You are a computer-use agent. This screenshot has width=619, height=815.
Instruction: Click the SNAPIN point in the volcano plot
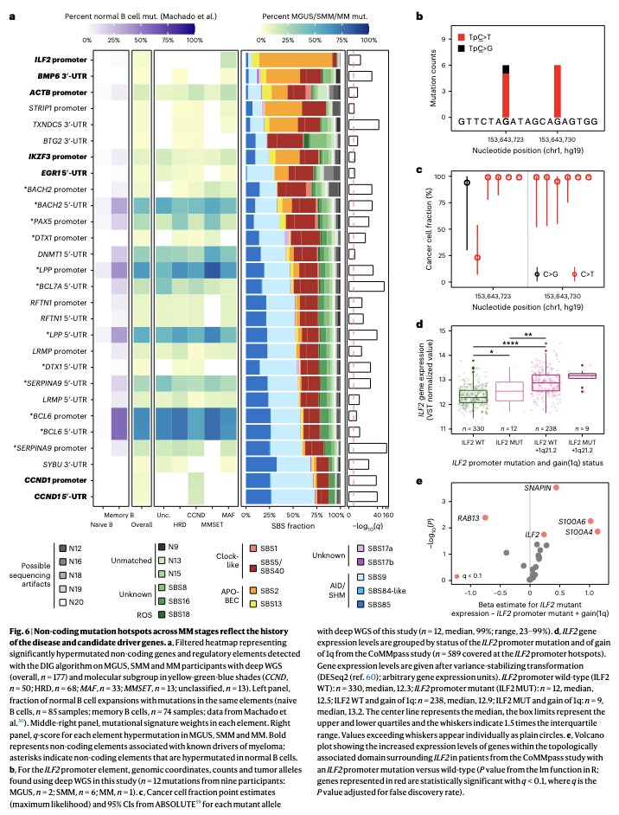click(x=556, y=487)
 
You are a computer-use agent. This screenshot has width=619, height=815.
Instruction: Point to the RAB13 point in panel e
click(x=485, y=517)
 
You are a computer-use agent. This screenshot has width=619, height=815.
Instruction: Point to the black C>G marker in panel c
click(x=467, y=183)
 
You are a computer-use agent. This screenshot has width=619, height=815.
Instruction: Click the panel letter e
click(x=419, y=481)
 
